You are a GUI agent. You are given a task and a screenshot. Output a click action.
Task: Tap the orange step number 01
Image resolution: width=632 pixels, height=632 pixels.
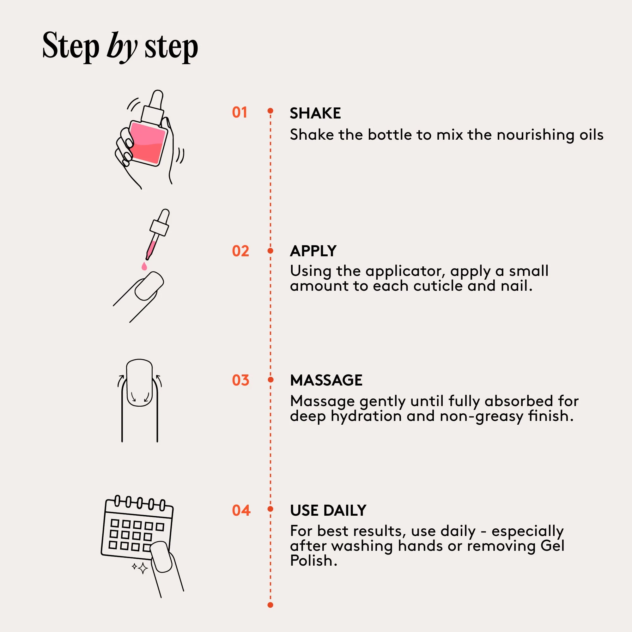240,112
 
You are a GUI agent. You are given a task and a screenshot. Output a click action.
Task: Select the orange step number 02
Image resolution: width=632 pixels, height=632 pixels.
240,251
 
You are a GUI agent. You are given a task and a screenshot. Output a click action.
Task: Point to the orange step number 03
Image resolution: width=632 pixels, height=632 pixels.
240,380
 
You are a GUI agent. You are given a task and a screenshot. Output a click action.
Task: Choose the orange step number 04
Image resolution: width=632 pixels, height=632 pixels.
241,511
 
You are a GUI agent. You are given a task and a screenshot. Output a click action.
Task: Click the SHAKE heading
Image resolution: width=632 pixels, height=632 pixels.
315,113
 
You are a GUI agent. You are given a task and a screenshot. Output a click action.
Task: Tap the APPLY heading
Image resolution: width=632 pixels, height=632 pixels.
313,251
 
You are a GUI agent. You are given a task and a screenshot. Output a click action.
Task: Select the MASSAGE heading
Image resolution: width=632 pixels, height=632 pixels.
326,380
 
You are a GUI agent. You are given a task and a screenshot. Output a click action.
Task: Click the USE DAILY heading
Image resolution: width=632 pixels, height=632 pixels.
328,511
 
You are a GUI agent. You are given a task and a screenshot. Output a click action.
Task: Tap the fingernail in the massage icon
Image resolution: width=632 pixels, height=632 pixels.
139,383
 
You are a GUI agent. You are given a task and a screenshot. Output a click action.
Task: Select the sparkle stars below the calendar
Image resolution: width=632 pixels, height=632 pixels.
140,568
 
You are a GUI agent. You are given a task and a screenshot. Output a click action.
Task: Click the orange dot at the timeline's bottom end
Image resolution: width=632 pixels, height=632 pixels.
270,605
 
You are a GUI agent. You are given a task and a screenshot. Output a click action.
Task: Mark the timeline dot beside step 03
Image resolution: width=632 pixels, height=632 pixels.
270,380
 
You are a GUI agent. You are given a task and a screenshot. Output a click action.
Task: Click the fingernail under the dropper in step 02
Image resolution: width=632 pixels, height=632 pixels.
149,286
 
